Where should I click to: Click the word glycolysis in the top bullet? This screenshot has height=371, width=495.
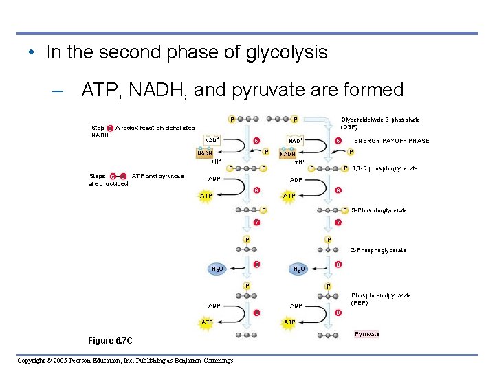pyautogui.click(x=286, y=53)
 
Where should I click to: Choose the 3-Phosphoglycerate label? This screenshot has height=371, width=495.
pyautogui.click(x=379, y=210)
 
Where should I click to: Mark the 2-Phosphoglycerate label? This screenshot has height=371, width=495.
pyautogui.click(x=378, y=250)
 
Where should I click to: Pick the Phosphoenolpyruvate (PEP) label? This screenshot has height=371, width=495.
pyautogui.click(x=381, y=298)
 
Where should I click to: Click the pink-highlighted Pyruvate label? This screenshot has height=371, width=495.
pyautogui.click(x=366, y=334)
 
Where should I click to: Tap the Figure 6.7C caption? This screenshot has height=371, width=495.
pyautogui.click(x=110, y=341)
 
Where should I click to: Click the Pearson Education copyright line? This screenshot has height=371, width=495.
pyautogui.click(x=125, y=360)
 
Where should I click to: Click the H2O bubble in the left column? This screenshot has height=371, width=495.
pyautogui.click(x=217, y=269)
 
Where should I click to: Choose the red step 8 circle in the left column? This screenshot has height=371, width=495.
pyautogui.click(x=256, y=265)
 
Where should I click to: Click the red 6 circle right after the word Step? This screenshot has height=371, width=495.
pyautogui.click(x=110, y=128)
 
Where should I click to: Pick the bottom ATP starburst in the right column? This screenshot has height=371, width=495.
pyautogui.click(x=289, y=322)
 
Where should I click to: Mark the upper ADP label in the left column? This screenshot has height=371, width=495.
pyautogui.click(x=214, y=180)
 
